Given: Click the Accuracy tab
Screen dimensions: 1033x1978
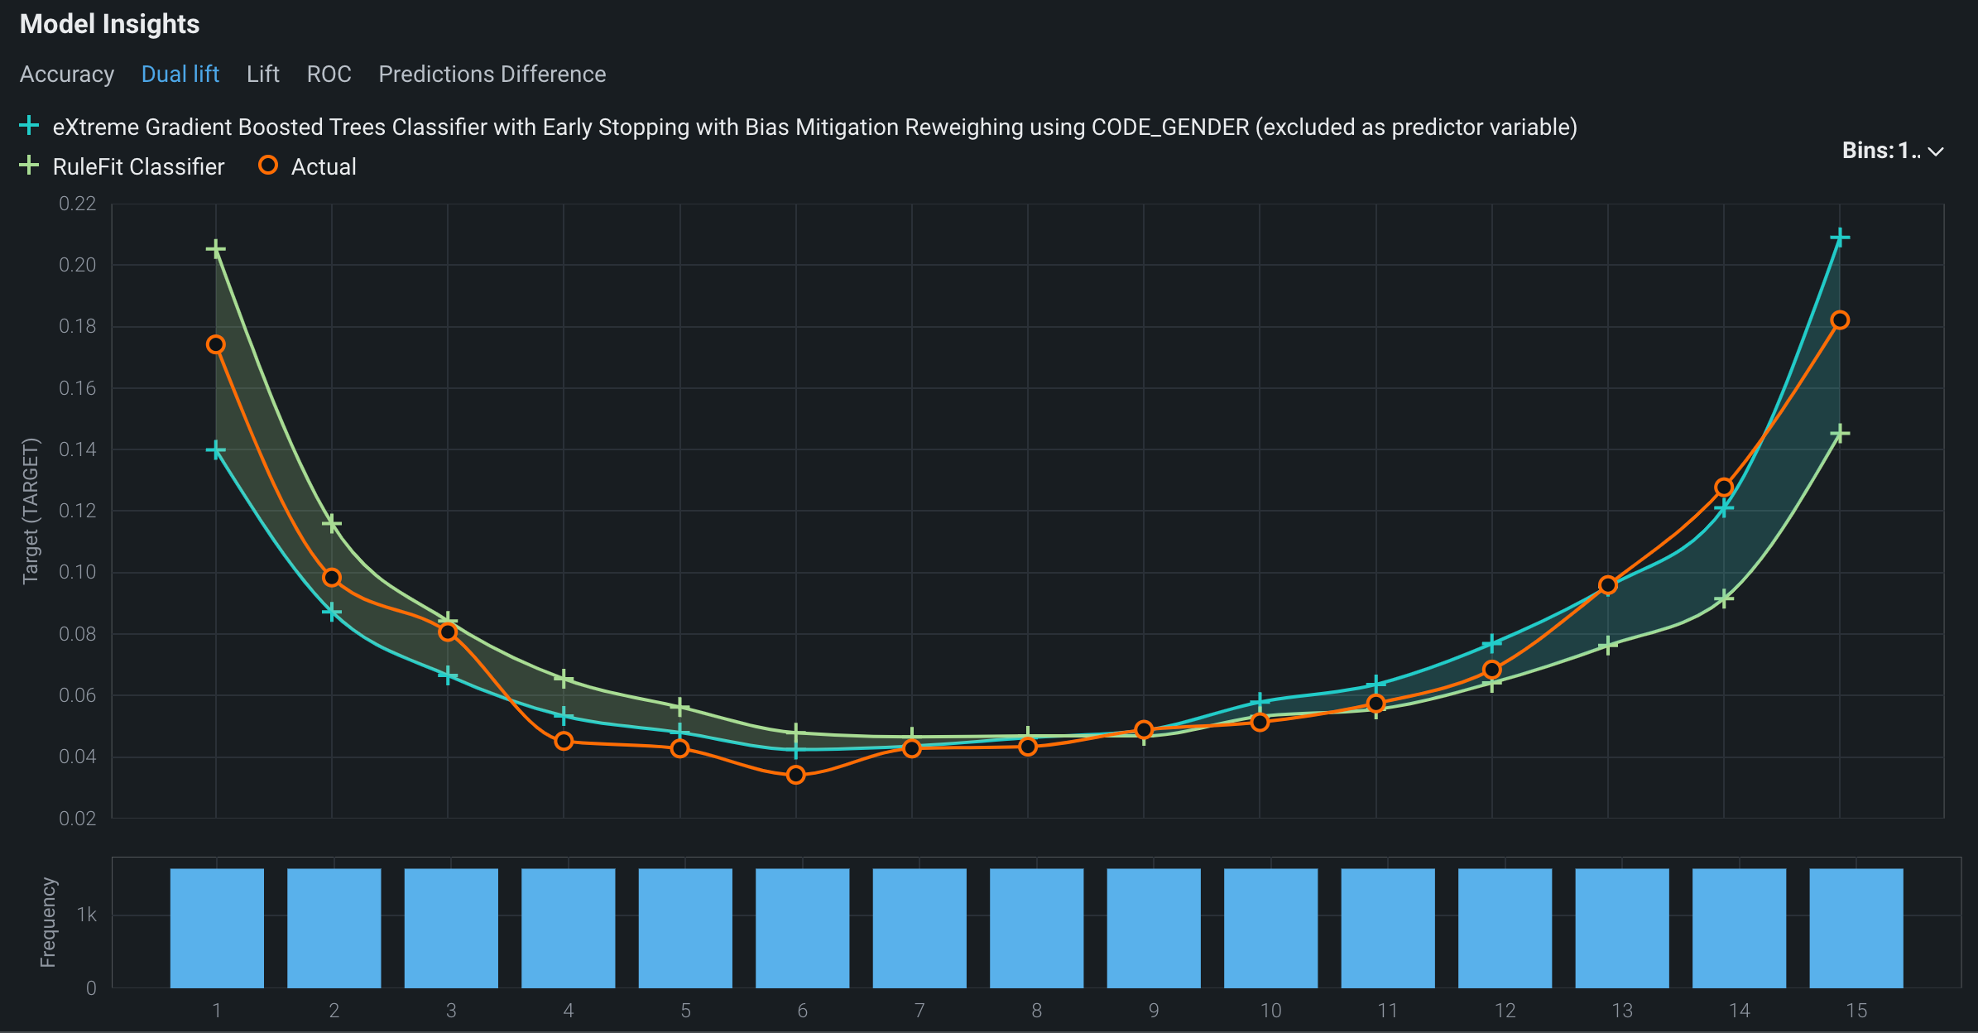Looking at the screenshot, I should point(67,74).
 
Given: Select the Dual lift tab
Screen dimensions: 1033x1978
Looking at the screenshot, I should point(180,74).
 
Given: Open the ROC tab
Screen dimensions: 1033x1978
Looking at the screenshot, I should point(329,74).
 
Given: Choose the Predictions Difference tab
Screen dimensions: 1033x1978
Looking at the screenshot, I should point(492,74).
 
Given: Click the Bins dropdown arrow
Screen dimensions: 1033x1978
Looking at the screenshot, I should point(1935,151).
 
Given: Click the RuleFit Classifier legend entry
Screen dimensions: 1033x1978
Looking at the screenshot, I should point(138,167).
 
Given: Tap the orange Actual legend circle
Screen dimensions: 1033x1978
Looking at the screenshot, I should point(268,166).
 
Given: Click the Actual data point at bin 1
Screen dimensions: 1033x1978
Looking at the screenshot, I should point(216,344).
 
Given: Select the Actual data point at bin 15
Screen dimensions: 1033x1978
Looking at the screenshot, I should point(1840,320).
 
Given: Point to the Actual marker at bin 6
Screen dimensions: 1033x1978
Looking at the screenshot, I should point(796,775).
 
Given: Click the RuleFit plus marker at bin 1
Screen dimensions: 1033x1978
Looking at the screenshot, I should point(216,249).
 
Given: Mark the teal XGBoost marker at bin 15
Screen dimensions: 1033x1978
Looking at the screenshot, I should point(1840,238).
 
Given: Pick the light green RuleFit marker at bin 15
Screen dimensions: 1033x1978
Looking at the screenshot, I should point(1840,434).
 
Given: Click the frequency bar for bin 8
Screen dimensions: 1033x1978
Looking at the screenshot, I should point(1036,927).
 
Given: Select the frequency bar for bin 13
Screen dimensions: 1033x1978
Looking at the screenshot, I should point(1622,927).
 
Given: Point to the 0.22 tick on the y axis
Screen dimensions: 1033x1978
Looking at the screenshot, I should point(78,204).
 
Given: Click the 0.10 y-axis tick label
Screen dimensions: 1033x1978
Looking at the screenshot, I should point(78,572).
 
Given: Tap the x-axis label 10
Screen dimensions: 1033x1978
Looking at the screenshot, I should point(1270,1011).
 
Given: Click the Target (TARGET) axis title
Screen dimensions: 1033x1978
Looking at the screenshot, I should point(31,511).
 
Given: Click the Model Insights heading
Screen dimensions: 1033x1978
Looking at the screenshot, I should point(109,24).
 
